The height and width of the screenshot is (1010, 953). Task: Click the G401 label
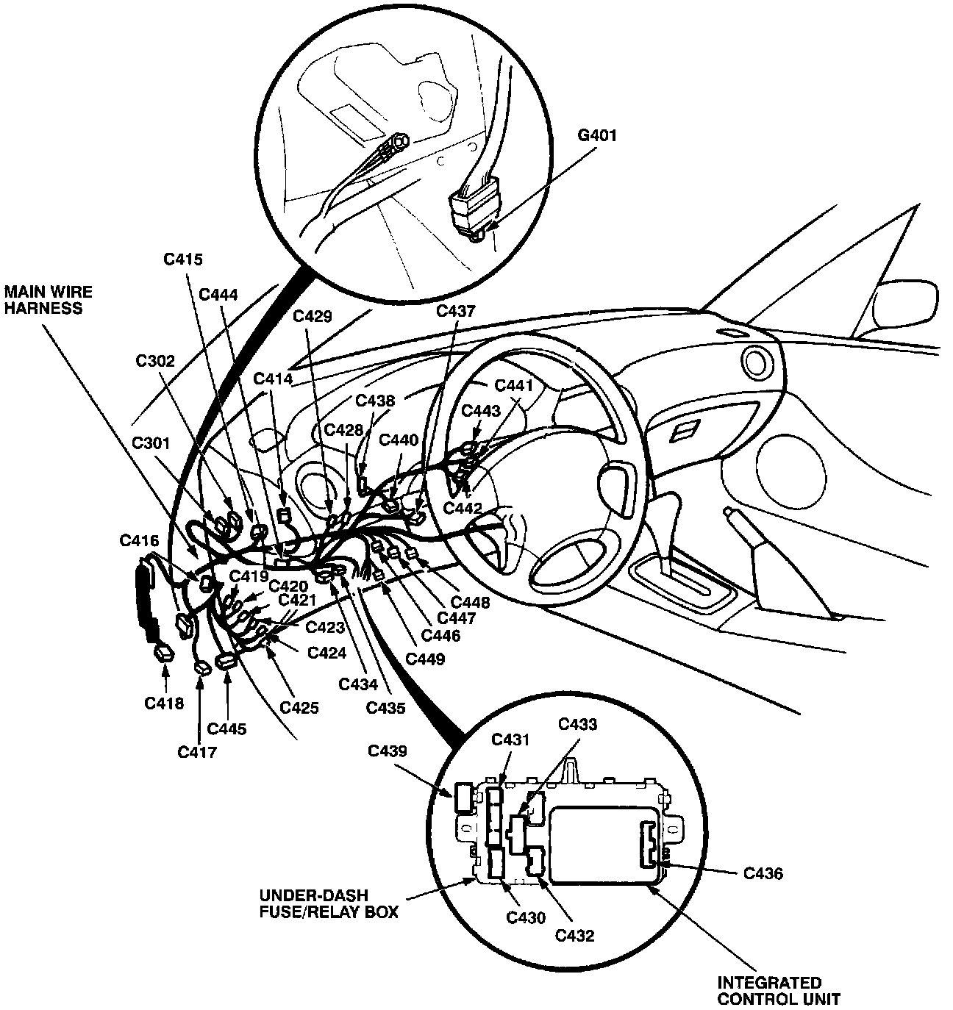point(598,135)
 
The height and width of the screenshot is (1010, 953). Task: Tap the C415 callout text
point(182,259)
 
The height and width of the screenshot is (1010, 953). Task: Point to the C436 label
point(763,873)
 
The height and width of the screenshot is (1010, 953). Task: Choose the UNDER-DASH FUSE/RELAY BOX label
point(328,904)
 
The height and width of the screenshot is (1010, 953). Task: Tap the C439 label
point(387,751)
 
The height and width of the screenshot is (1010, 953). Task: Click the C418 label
point(164,703)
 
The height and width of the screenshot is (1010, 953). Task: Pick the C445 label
point(227,728)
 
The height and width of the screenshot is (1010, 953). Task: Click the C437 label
point(456,311)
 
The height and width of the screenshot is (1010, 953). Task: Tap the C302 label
point(154,361)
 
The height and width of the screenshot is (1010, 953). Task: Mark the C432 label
point(574,935)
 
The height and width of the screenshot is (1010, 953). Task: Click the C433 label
point(577,724)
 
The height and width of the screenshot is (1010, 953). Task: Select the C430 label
point(527,917)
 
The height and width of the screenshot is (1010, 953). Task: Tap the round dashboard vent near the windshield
point(754,362)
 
